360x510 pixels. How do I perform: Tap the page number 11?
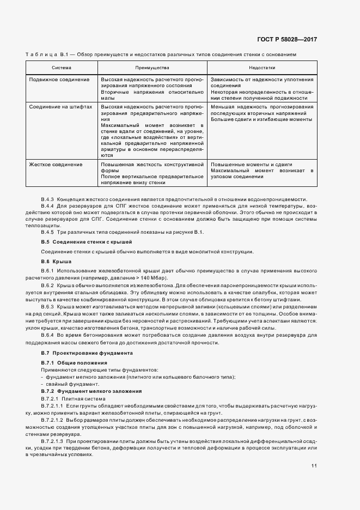(x=314, y=466)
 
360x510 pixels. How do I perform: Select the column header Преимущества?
(x=152, y=68)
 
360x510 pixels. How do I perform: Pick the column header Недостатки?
(x=262, y=68)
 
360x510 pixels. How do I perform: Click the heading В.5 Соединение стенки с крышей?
(x=87, y=241)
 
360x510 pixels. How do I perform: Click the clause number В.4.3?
(x=48, y=199)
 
